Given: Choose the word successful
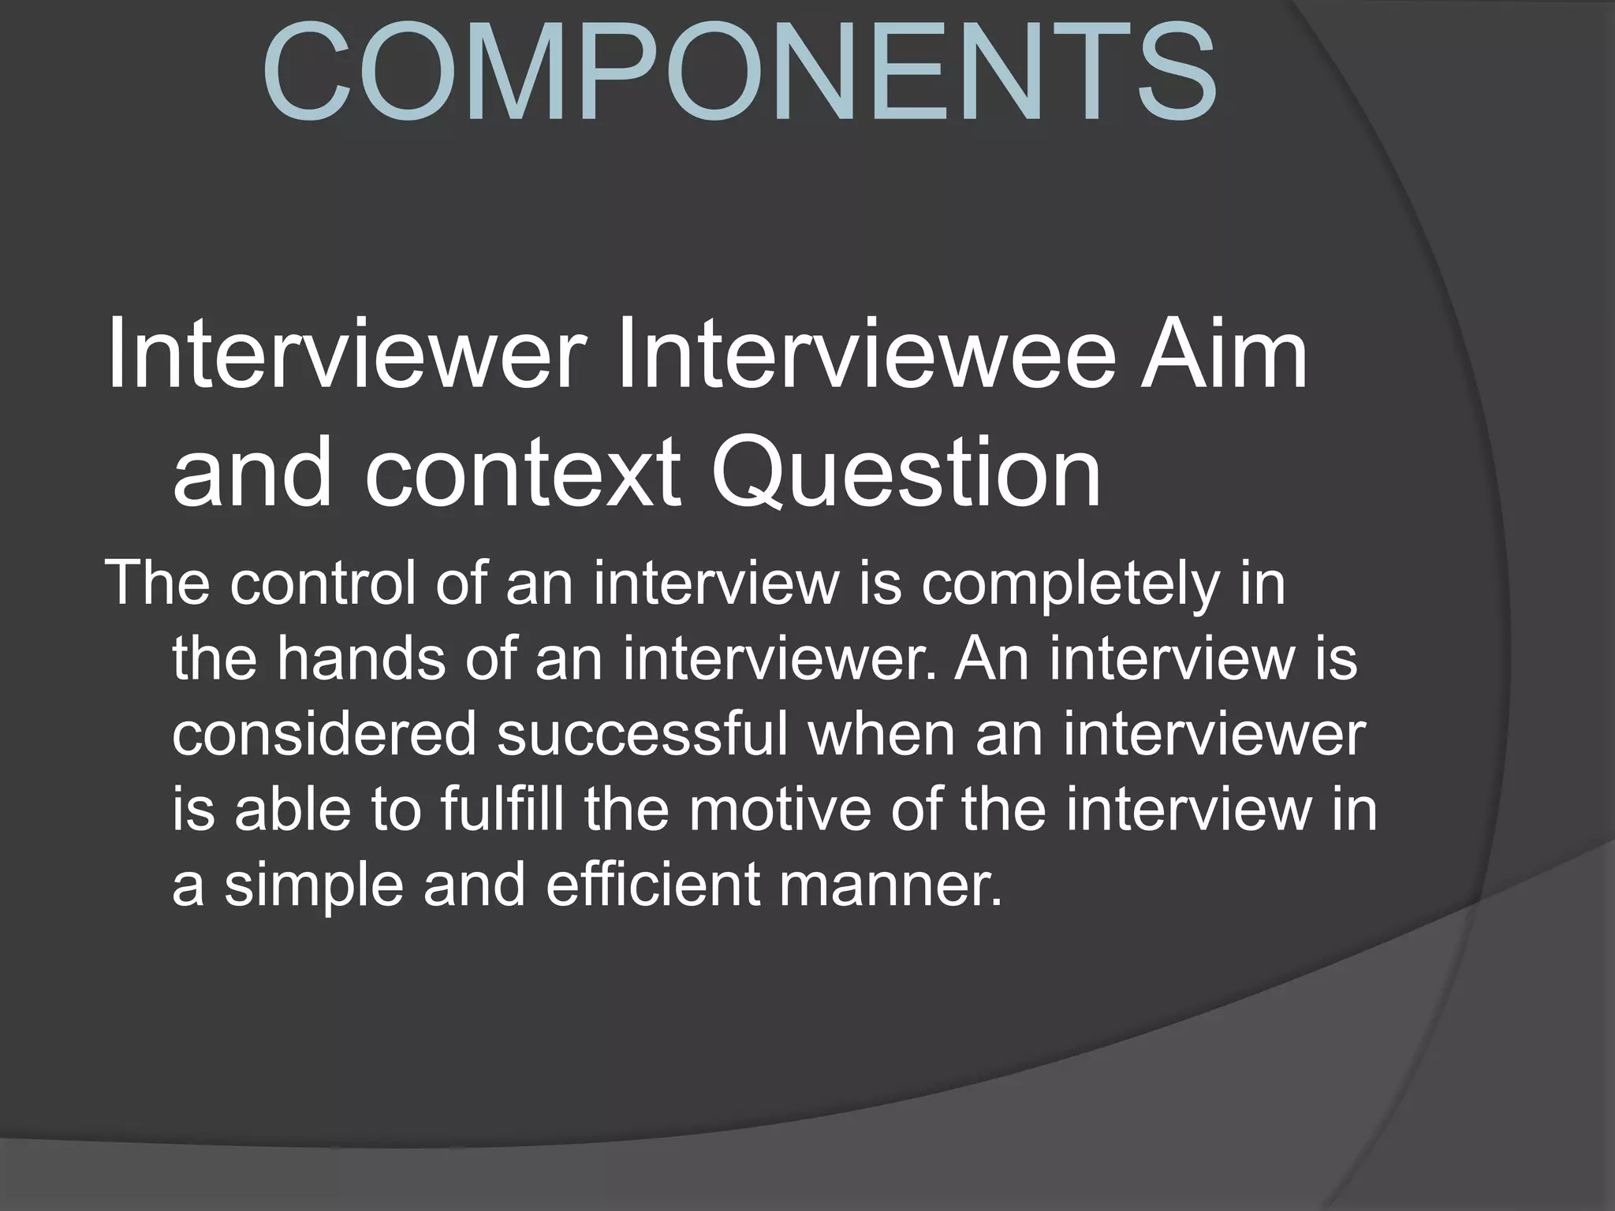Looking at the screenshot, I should [643, 734].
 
